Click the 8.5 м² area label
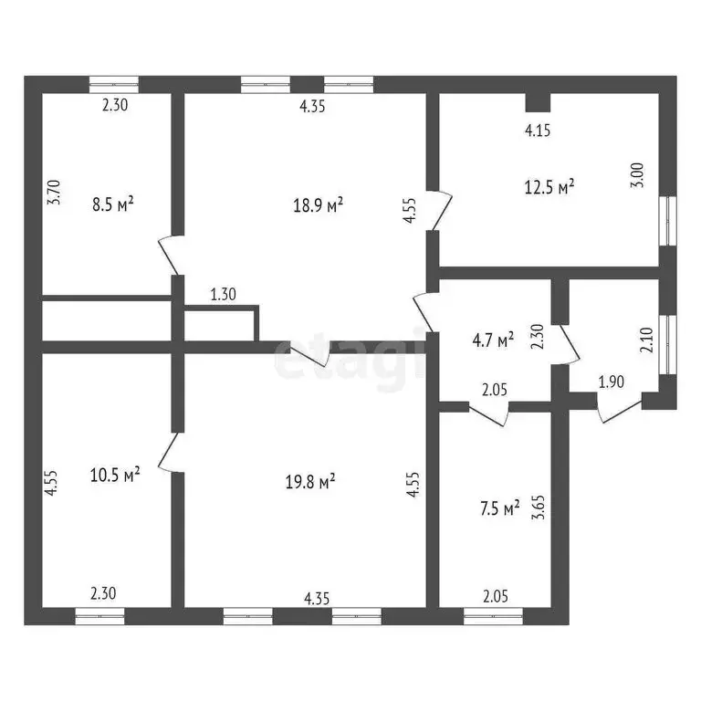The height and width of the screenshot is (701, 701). (x=112, y=205)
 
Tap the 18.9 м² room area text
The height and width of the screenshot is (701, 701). (x=318, y=205)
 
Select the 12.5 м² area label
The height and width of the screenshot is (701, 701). (x=549, y=187)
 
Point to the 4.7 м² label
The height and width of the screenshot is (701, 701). (x=493, y=340)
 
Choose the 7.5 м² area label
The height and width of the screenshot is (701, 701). (x=500, y=508)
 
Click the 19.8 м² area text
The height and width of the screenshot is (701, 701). (x=310, y=482)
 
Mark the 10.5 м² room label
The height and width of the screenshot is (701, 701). (x=115, y=475)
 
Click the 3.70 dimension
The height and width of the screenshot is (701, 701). (x=54, y=193)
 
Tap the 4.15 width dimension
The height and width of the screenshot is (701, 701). (x=538, y=131)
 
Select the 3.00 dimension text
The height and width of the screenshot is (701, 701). (x=637, y=175)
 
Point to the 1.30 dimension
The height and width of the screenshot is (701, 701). (x=223, y=294)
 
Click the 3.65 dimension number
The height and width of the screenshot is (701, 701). (x=539, y=507)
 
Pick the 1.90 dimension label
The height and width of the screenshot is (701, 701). (x=612, y=382)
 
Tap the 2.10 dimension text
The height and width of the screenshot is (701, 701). (x=647, y=340)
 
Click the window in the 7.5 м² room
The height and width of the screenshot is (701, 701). (x=493, y=615)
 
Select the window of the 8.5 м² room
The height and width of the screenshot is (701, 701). (x=114, y=85)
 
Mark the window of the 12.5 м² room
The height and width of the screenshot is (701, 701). (x=668, y=220)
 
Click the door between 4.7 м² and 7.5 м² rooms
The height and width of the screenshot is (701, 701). (x=489, y=413)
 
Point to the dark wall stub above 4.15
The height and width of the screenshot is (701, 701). (x=538, y=102)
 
